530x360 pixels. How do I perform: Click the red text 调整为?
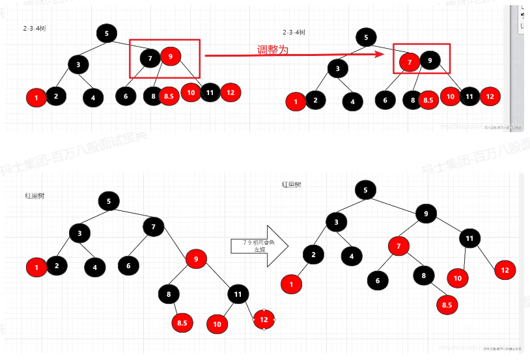click(x=273, y=50)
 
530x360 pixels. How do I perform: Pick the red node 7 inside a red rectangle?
click(x=409, y=62)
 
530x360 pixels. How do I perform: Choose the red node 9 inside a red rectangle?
click(x=170, y=57)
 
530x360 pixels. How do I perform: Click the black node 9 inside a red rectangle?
click(x=430, y=61)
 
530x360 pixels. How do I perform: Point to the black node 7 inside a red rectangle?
click(x=150, y=59)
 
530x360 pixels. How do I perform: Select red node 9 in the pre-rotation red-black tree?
click(x=196, y=258)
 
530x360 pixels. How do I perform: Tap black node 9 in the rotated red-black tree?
click(x=426, y=214)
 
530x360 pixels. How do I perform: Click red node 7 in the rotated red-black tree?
click(x=398, y=246)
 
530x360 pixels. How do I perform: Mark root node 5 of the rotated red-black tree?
click(x=365, y=190)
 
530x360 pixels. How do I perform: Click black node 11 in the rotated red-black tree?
click(x=469, y=239)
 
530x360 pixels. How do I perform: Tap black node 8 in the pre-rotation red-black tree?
click(x=168, y=294)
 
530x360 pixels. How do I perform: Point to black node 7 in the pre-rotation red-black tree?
click(x=154, y=227)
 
